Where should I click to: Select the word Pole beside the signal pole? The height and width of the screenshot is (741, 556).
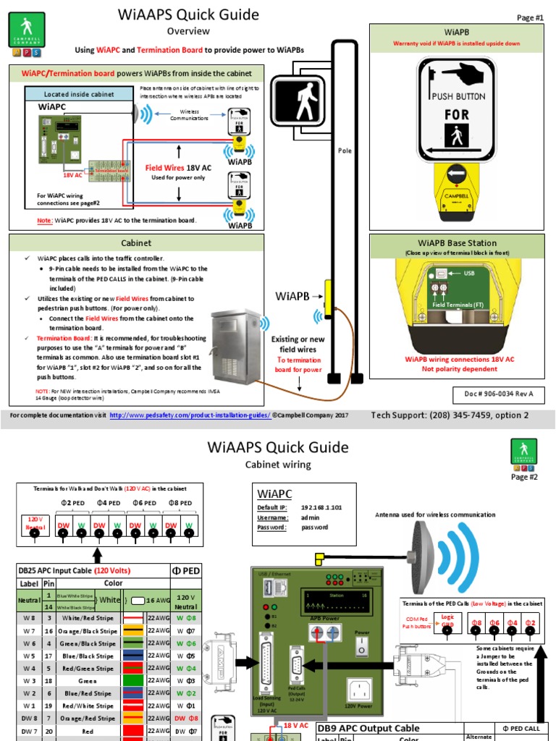[344, 151]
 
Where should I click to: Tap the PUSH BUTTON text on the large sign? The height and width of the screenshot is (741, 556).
[458, 96]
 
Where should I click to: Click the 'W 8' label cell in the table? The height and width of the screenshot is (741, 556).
[28, 618]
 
